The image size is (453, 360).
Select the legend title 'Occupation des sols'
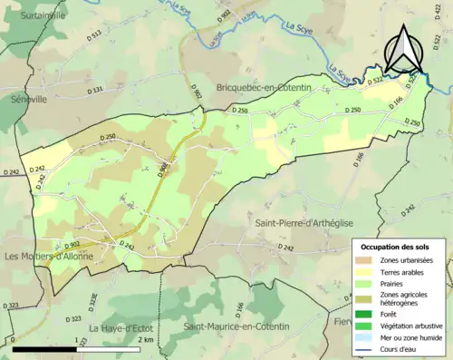point(396,247)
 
